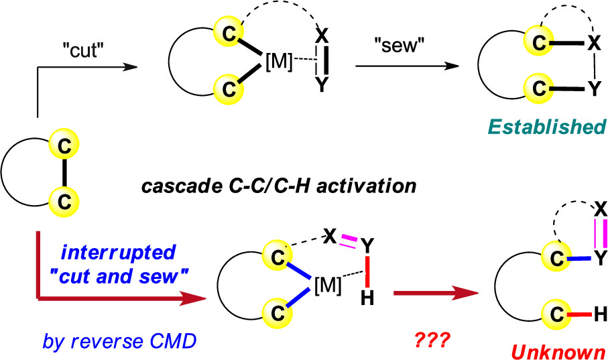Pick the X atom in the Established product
[x=593, y=44]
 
